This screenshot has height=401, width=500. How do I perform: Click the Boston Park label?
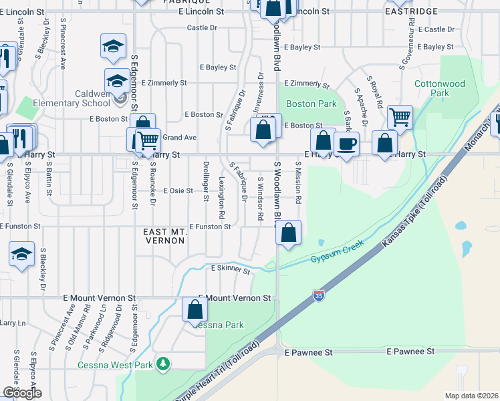(x=311, y=104)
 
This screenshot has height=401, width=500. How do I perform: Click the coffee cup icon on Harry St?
(x=346, y=144)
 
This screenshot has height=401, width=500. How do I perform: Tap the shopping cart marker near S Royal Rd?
(x=400, y=117)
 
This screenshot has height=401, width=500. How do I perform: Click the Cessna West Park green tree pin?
(x=162, y=364)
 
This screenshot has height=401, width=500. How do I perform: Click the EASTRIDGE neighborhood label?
(x=412, y=12)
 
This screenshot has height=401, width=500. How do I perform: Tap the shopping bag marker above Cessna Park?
(x=195, y=309)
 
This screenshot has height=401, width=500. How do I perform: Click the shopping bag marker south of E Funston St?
(x=289, y=233)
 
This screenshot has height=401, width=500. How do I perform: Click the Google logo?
(x=22, y=393)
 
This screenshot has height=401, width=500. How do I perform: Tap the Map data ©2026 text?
(x=471, y=396)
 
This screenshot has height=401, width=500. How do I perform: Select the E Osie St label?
(x=177, y=190)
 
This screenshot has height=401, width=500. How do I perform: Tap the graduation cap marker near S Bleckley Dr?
(x=22, y=254)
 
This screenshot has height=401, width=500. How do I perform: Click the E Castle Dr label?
(x=436, y=29)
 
